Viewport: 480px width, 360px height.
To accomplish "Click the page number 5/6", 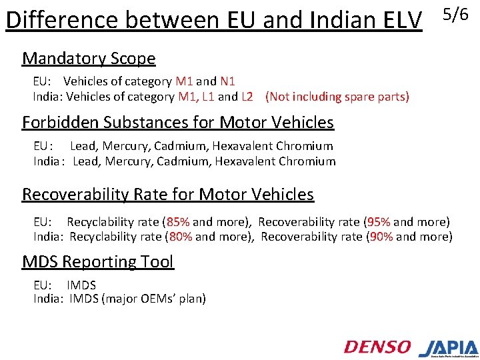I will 457,14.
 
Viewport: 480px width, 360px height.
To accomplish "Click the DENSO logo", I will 377,347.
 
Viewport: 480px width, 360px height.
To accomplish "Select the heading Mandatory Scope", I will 89,59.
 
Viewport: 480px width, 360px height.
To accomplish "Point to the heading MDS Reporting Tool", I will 97,262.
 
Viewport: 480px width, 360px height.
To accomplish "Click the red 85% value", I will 178,221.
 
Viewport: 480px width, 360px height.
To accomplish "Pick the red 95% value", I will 381,221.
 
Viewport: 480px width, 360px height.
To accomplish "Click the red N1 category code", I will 227,81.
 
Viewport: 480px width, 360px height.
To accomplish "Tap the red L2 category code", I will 247,97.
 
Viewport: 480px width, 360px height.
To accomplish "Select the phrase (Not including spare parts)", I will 337,97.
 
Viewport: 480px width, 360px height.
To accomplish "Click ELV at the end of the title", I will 402,21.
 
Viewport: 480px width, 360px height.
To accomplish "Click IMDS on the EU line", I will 81,285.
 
